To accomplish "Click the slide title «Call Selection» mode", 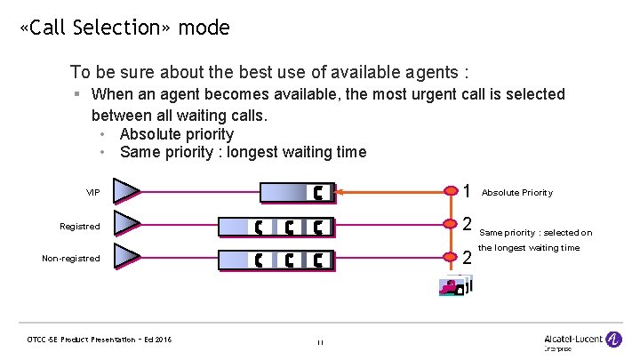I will coord(124,28).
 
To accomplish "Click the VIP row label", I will coord(93,193).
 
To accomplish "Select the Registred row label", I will coord(80,227).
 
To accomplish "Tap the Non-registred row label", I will coord(71,259).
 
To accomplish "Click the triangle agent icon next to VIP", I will coord(126,192).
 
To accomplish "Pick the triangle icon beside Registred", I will coord(126,226).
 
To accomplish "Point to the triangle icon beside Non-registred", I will coord(126,259).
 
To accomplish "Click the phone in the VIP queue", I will coord(318,193).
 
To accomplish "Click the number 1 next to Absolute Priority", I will coord(468,191).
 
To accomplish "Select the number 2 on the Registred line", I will coord(468,224).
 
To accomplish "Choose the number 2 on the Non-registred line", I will coord(468,258).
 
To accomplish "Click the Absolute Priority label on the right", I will coord(516,193).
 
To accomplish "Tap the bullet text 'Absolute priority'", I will coord(176,134).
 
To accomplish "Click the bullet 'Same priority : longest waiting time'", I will coord(243,152).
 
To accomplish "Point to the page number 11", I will coord(320,341).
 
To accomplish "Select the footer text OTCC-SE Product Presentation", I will coord(100,340).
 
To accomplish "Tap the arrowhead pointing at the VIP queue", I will coord(345,192).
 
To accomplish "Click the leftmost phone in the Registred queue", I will coord(259,227).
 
